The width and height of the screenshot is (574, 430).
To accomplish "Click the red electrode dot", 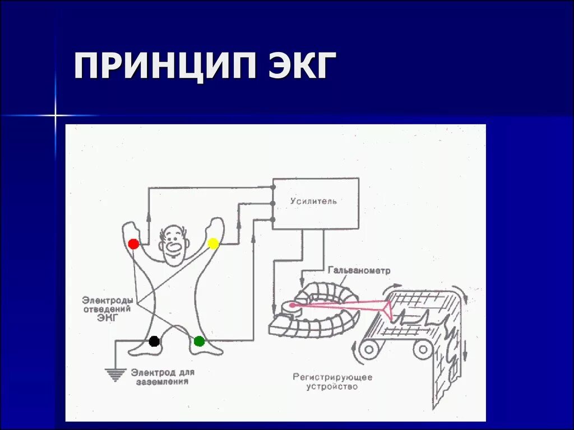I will [x=133, y=244].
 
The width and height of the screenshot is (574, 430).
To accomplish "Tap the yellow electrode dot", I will [x=213, y=243].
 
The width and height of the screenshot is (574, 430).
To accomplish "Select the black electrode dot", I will [x=154, y=341].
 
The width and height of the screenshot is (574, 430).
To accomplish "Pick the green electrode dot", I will [x=199, y=341].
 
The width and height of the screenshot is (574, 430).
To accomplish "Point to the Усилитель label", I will [x=314, y=201].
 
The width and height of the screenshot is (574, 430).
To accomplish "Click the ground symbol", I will [x=115, y=373].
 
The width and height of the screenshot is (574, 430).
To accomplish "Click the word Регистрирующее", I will [x=332, y=377].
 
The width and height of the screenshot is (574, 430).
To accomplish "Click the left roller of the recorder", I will [x=368, y=350].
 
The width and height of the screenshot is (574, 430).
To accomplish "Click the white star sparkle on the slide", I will [x=55, y=116].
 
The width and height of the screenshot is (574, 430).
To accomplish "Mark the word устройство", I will [x=332, y=386].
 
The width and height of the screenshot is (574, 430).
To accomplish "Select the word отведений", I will [x=107, y=309].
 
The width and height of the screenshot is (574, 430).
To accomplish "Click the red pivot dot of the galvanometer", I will [x=291, y=306].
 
